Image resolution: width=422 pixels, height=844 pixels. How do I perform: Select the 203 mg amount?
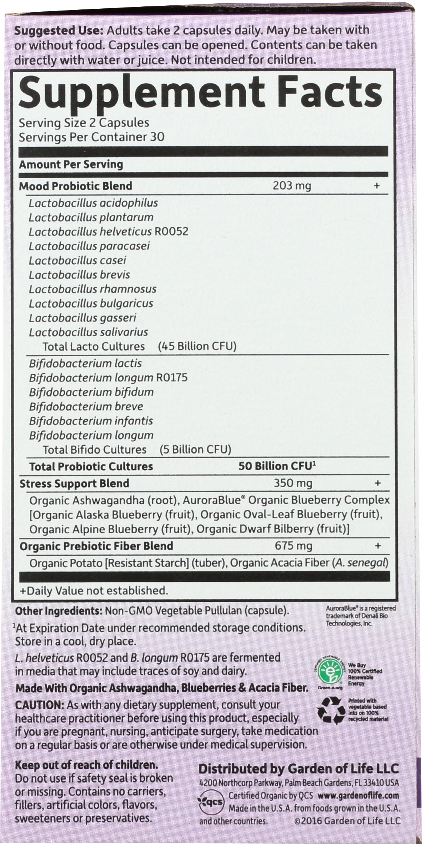tap(292, 186)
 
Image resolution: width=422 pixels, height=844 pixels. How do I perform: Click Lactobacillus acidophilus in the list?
tap(93, 203)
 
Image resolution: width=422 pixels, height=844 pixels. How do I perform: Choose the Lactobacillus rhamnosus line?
tap(93, 289)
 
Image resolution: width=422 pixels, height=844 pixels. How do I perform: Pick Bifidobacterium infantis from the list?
tap(91, 421)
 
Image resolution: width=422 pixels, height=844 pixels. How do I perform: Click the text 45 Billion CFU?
tap(197, 346)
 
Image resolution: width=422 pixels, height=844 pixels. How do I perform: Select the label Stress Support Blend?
tap(74, 483)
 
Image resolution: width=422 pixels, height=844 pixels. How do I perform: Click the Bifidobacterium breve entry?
tap(86, 406)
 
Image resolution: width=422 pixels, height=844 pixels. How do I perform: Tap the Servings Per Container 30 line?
tap(91, 137)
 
